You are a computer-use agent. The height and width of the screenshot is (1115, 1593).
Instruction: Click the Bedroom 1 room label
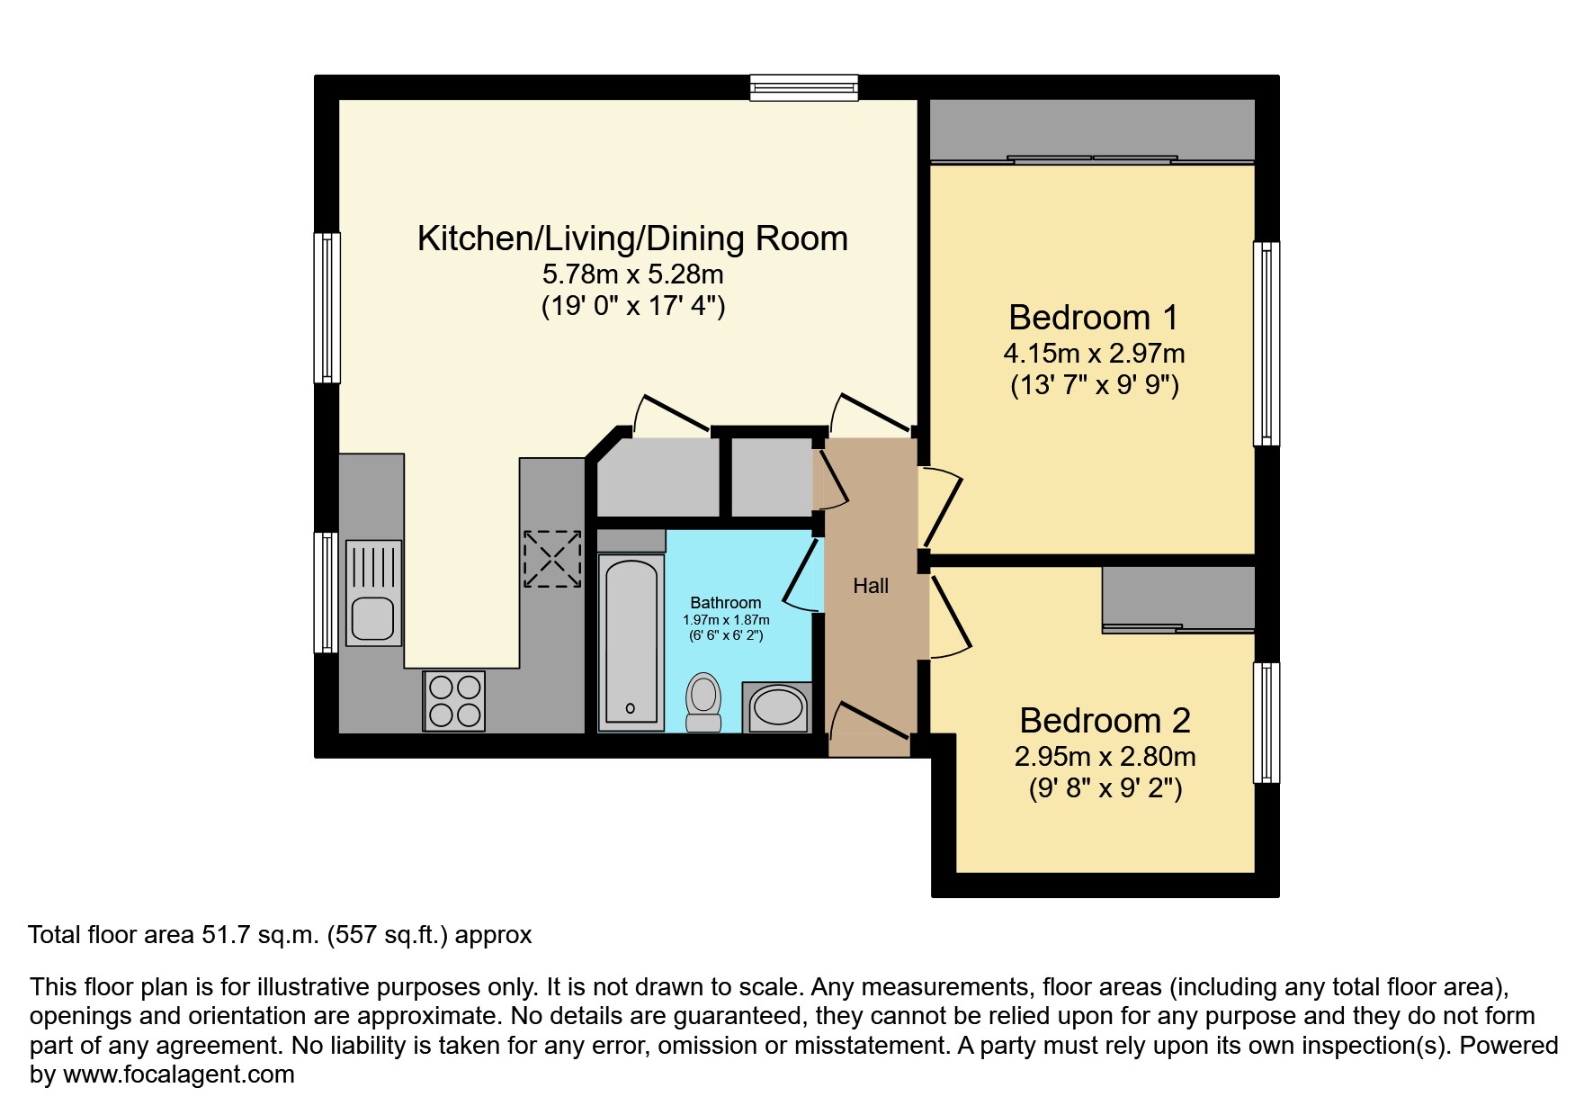click(1093, 318)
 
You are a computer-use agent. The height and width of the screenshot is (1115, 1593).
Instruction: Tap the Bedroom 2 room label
click(1105, 721)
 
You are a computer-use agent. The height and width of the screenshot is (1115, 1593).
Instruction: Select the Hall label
click(870, 587)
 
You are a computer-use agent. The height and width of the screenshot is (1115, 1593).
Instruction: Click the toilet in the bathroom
click(703, 702)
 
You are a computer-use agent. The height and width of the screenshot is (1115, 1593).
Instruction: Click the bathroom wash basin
click(779, 708)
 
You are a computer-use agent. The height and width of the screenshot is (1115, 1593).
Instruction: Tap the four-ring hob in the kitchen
click(454, 700)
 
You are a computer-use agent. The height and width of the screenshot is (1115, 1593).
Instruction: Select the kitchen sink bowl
click(371, 618)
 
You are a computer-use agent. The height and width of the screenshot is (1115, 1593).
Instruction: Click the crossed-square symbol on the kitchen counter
click(552, 558)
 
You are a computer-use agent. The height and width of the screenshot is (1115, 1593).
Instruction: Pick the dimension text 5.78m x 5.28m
click(632, 274)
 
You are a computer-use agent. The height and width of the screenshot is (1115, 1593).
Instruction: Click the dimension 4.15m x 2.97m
click(1094, 354)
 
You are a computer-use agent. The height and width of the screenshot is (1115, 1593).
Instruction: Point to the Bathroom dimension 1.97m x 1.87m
click(726, 620)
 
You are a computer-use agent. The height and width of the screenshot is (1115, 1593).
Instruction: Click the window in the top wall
click(804, 87)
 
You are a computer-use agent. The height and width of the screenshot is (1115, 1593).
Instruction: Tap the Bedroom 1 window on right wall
click(1266, 343)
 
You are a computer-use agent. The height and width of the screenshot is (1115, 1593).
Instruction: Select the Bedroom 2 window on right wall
click(1266, 723)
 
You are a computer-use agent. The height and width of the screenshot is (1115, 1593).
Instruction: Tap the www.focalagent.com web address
click(178, 1075)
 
